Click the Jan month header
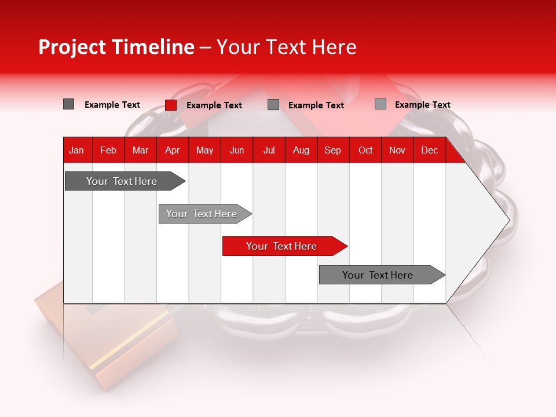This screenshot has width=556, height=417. tap(76, 150)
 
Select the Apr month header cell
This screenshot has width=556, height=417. tap(172, 150)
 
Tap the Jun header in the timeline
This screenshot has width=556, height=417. tap(236, 150)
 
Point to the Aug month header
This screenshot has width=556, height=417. tap(301, 150)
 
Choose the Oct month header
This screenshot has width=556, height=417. tap(365, 150)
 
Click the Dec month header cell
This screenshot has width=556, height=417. tap(429, 150)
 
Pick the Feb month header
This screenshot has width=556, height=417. tap(108, 150)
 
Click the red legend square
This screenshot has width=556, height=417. tap(171, 105)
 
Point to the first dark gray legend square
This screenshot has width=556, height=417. tap(68, 104)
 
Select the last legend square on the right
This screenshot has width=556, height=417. tap(380, 104)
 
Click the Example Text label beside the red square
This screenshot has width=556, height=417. tap(214, 105)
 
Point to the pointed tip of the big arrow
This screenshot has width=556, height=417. tap(508, 220)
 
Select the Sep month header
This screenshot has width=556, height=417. tap(332, 150)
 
